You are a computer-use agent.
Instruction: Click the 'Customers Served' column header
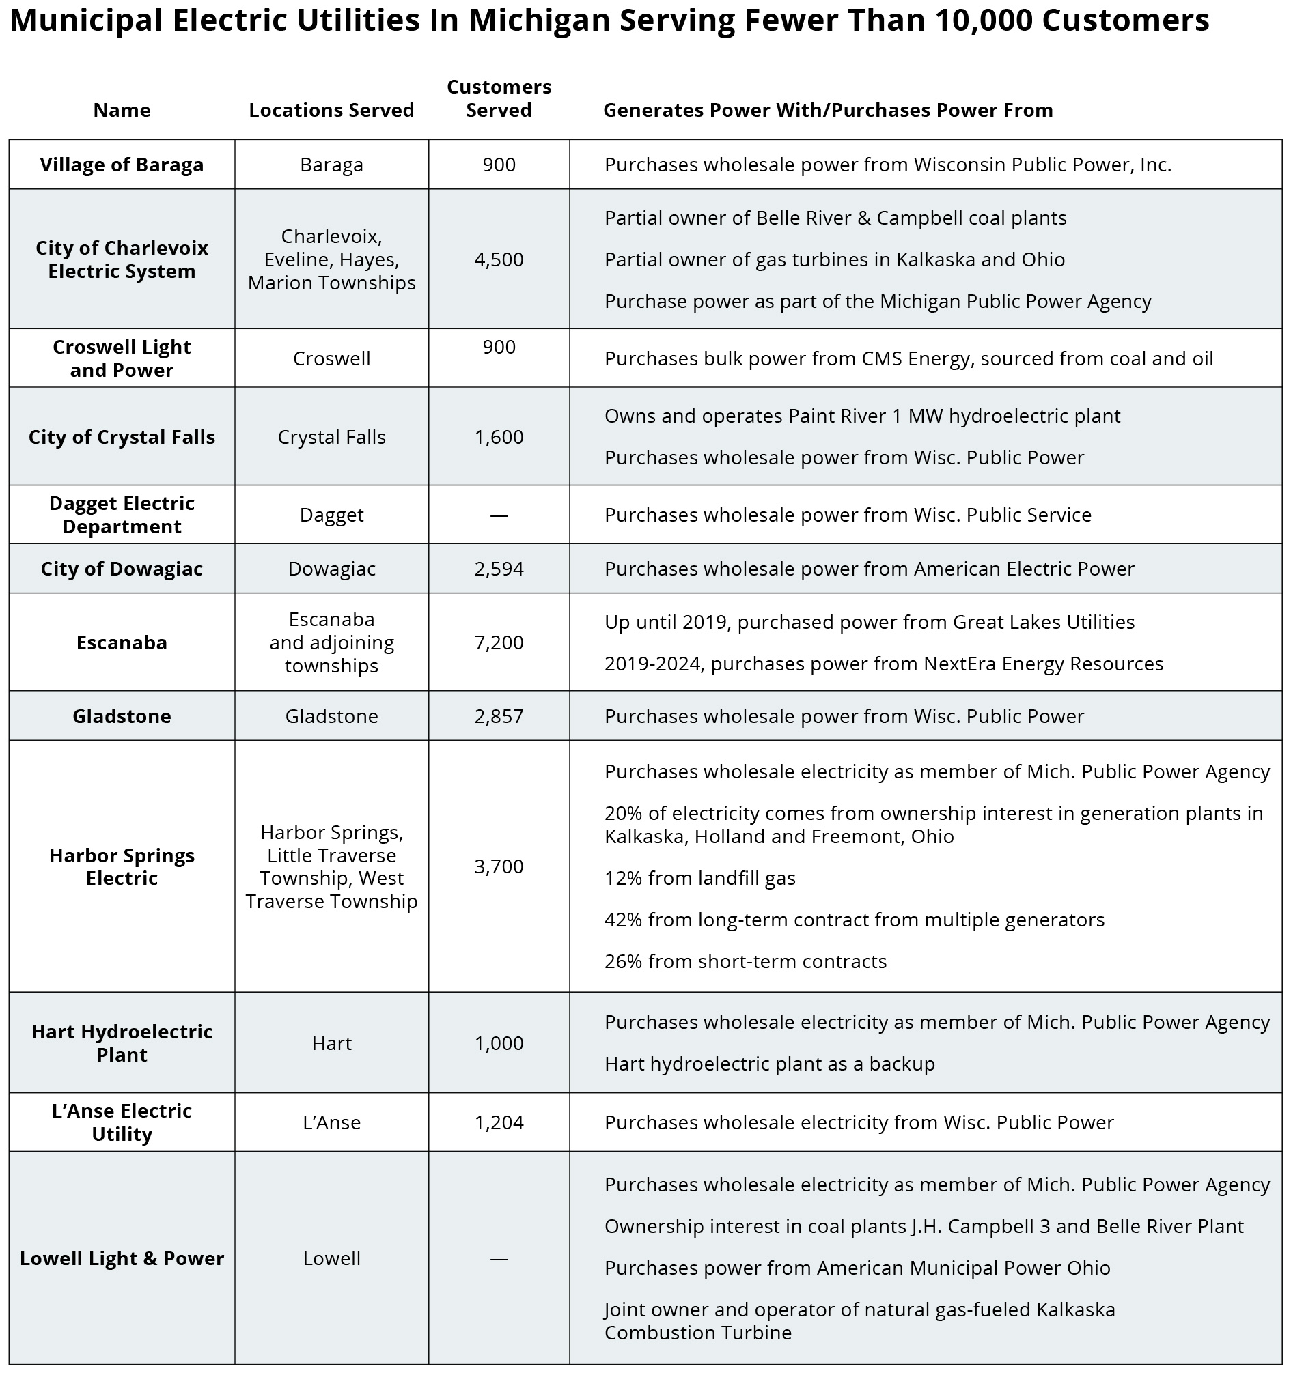499,98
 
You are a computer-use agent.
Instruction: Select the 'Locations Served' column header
331,110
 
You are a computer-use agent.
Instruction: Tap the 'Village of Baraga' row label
122,165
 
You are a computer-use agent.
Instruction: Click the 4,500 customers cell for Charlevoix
499,259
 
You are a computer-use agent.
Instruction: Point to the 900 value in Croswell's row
499,347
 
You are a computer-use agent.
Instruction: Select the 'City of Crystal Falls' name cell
122,437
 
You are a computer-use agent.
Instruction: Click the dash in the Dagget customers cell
499,515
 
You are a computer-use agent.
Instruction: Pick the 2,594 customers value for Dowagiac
499,569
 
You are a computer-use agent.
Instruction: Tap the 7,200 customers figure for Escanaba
499,642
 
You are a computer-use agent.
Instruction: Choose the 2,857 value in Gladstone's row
499,716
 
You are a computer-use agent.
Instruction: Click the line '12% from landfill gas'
700,878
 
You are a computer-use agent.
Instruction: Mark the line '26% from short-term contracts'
745,961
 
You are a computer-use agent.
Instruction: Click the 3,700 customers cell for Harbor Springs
499,866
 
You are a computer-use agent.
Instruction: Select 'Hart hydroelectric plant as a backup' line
769,1063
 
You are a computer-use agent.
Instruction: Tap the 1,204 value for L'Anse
499,1122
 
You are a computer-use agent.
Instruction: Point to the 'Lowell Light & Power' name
122,1258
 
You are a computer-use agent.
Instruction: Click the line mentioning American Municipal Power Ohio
857,1268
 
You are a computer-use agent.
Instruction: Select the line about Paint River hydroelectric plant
862,416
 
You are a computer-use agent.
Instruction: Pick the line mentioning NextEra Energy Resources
883,664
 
